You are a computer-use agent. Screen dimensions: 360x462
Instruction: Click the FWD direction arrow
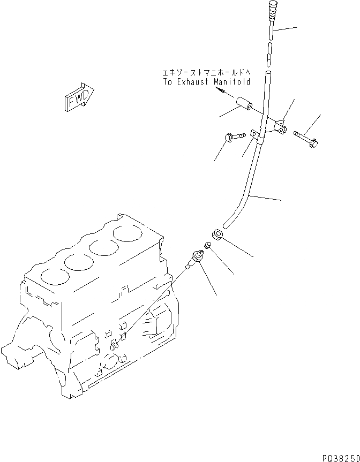pos(78,98)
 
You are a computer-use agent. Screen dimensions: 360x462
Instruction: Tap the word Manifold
pos(232,82)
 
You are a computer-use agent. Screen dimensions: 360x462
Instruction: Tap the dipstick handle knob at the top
pos(270,10)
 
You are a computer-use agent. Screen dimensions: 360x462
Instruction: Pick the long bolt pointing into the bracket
pos(306,138)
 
